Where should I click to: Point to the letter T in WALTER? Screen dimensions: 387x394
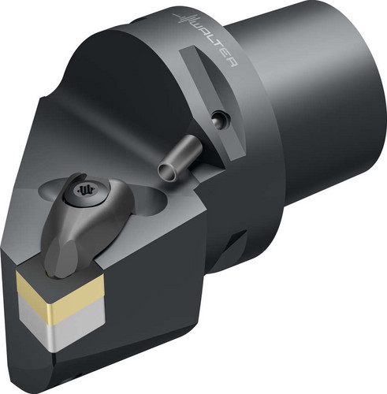point(218,46)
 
